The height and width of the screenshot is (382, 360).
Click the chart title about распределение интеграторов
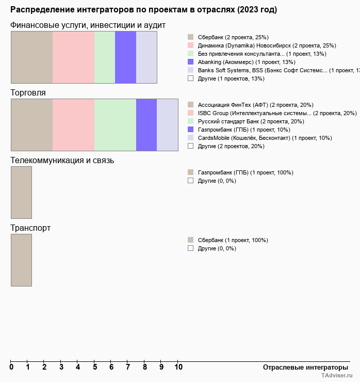click(x=143, y=10)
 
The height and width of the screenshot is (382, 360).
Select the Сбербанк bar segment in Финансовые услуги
click(x=31, y=57)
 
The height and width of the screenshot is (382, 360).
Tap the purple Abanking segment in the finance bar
click(x=125, y=57)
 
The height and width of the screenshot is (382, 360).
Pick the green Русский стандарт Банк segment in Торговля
click(x=115, y=124)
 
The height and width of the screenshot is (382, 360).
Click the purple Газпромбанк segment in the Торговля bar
click(x=146, y=124)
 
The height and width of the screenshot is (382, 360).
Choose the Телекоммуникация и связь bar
click(x=21, y=192)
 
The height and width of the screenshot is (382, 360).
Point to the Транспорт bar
click(x=21, y=260)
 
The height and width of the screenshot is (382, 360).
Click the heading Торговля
click(x=28, y=93)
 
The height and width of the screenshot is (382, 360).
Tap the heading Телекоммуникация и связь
click(x=62, y=161)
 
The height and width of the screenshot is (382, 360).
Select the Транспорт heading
click(x=30, y=228)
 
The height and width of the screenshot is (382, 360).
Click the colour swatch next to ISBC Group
click(x=190, y=113)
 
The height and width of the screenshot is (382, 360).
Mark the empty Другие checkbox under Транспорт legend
click(x=190, y=248)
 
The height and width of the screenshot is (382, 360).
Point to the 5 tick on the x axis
click(x=94, y=367)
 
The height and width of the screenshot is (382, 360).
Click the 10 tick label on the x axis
click(x=178, y=367)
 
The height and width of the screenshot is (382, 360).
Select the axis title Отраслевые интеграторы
click(x=302, y=367)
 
